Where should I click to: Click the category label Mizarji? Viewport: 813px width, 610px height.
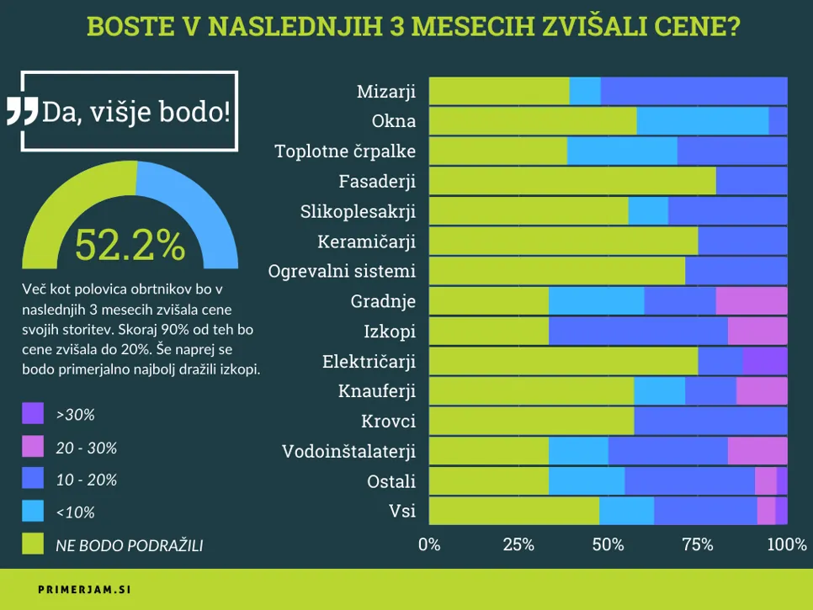pos(385,91)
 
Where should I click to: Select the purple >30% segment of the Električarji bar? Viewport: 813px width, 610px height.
pos(765,361)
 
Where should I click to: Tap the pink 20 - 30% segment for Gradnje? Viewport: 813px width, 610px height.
pos(751,300)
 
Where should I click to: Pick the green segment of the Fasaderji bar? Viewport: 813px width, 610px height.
pos(572,181)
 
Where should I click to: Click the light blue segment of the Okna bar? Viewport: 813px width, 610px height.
pos(702,120)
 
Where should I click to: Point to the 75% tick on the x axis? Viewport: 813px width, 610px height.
pos(697,544)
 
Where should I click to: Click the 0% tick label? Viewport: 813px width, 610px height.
pos(429,544)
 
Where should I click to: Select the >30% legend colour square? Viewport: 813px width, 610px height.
pos(32,414)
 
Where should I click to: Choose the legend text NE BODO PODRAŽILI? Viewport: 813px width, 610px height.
pos(129,545)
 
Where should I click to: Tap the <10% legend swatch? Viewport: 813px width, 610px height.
pos(32,512)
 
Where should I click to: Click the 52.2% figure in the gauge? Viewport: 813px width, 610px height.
pos(130,245)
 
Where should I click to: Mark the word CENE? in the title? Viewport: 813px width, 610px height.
pos(690,26)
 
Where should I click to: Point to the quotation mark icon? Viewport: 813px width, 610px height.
pos(23,112)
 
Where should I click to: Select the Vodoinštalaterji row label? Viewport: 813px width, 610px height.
pos(348,451)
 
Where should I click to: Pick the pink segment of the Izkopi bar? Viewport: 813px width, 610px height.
pos(757,331)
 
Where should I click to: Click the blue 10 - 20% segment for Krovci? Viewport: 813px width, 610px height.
pos(709,421)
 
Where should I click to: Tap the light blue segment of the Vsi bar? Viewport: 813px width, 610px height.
pos(626,511)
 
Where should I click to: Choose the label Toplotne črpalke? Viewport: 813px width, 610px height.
pos(345,151)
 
